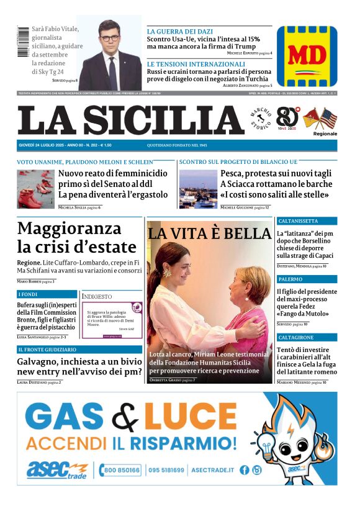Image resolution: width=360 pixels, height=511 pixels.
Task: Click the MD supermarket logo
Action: pyautogui.click(x=307, y=56)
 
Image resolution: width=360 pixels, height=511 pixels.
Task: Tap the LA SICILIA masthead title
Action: pyautogui.click(x=131, y=120)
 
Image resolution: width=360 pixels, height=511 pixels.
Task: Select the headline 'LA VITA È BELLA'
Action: pyautogui.click(x=209, y=233)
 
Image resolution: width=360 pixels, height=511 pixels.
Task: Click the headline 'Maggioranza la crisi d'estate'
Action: pyautogui.click(x=77, y=238)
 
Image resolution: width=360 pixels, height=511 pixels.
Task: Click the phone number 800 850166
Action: pyautogui.click(x=120, y=470)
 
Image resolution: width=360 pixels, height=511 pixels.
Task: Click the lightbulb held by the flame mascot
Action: pyautogui.click(x=271, y=445)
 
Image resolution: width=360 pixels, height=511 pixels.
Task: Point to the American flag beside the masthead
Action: pyautogui.click(x=328, y=118)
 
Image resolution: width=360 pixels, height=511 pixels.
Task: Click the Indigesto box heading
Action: pyautogui.click(x=97, y=297)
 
